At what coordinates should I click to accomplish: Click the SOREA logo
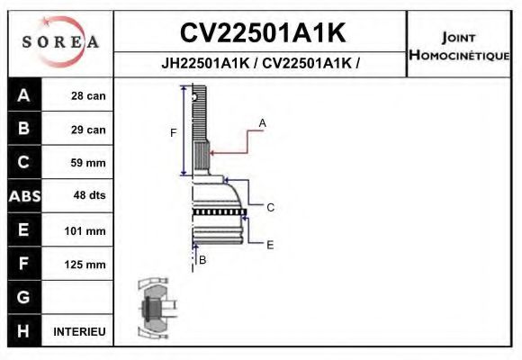pos(60,42)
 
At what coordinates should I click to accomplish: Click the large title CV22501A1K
pos(262,33)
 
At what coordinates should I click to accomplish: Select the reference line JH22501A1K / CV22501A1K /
pos(262,65)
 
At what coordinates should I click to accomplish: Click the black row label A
pos(23,95)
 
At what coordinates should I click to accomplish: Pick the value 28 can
pos(88,96)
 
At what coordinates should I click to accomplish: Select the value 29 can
pos(88,130)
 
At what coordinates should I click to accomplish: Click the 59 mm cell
pos(88,163)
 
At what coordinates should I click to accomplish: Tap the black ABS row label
pos(23,196)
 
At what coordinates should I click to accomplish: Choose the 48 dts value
pos(88,196)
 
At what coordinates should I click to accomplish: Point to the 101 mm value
pos(88,230)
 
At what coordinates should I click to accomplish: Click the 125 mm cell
pos(88,265)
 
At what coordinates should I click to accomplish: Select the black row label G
pos(23,297)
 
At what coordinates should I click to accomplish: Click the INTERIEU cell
pos(80,331)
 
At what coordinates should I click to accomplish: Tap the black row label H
pos(23,330)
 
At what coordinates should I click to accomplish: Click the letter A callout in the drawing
pos(263,121)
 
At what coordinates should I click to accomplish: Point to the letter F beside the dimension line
pos(174,133)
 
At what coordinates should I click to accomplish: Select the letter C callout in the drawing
pos(269,207)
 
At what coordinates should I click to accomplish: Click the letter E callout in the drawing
pos(269,244)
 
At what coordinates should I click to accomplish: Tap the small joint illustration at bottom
pos(152,309)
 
